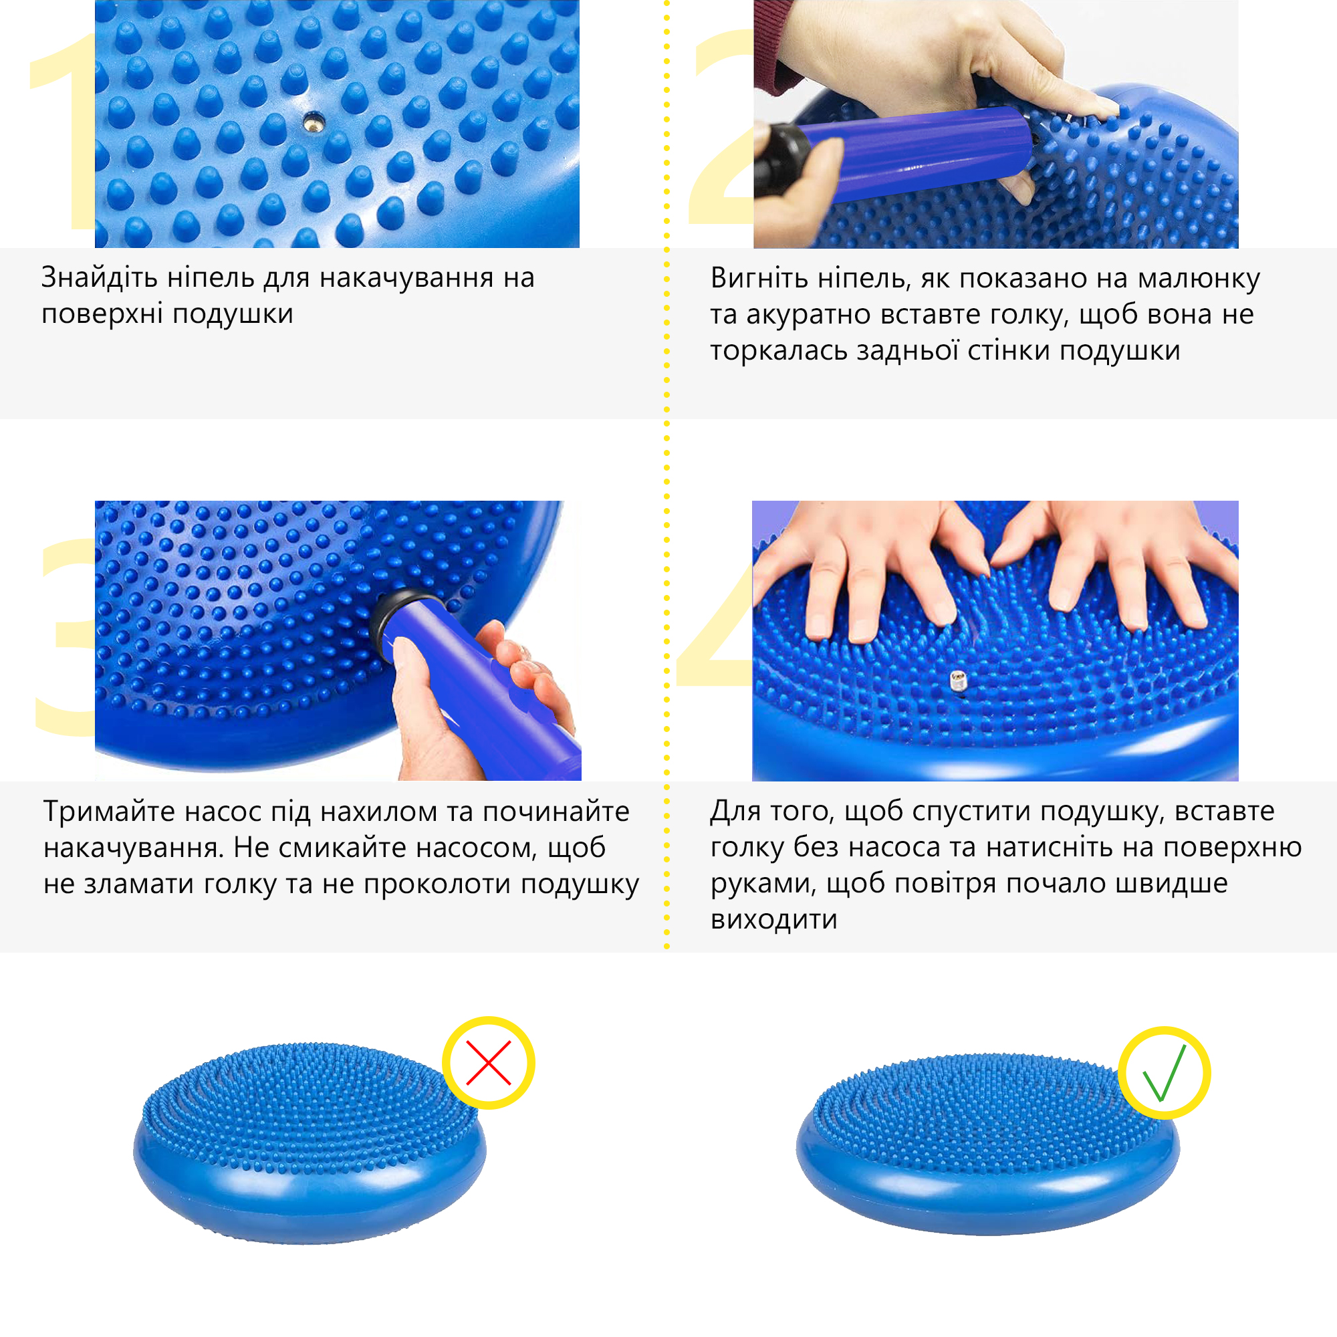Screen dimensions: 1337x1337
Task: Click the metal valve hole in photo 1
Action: pyautogui.click(x=312, y=122)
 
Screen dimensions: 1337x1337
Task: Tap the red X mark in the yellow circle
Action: pyautogui.click(x=489, y=1062)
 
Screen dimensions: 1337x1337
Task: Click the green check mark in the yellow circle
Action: pyautogui.click(x=1164, y=1073)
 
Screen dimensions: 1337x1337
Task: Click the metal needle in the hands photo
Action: pyautogui.click(x=959, y=681)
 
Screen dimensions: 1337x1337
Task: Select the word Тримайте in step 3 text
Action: pyautogui.click(x=98, y=811)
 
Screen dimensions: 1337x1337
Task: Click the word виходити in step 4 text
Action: pyautogui.click(x=773, y=920)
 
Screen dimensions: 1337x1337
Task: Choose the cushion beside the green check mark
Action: pyautogui.click(x=988, y=1144)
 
